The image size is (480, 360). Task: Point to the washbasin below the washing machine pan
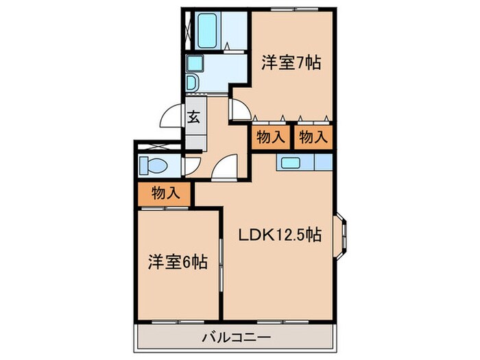193,83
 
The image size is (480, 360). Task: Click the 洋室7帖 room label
291,62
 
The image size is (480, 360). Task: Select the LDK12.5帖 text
280,234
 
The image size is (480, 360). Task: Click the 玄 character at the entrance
194,116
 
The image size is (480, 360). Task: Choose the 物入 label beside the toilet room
165,194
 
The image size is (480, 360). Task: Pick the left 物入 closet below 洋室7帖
270,136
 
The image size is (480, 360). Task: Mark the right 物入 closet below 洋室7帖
313,136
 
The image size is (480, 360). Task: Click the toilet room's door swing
191,165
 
